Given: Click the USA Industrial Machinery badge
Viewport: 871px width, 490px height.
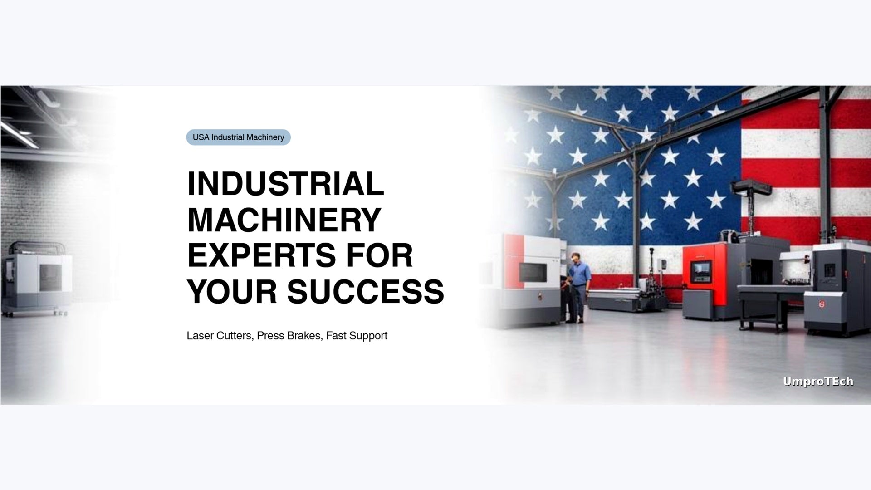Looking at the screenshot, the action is (x=238, y=137).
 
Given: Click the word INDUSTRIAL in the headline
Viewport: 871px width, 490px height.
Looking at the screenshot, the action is (x=285, y=184).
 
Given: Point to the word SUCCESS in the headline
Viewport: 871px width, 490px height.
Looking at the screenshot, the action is (x=366, y=291).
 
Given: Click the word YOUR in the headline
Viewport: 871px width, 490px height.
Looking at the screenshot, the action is (x=232, y=291).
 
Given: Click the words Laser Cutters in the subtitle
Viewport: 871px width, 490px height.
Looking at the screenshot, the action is (x=219, y=336).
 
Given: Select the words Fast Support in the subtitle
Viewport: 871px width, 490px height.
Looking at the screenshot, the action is (x=357, y=336).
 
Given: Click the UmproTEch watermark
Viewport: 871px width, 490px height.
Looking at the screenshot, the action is (x=818, y=382).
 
